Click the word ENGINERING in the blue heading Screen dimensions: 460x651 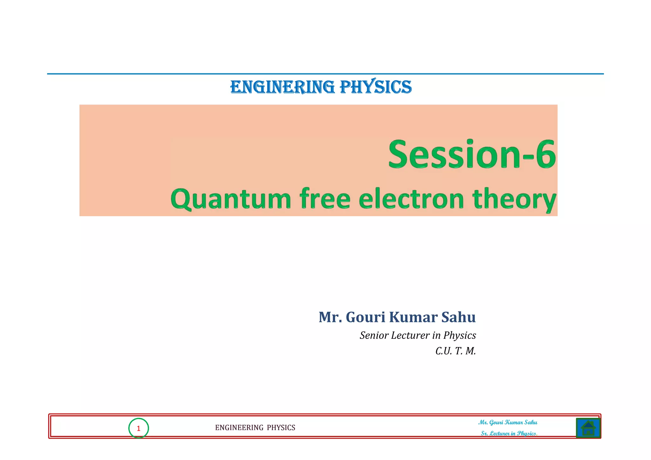(x=282, y=87)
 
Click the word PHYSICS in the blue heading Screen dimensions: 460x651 (x=376, y=87)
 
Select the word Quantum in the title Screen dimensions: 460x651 (x=231, y=199)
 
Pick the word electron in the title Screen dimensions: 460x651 (x=411, y=199)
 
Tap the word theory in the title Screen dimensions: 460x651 (x=514, y=199)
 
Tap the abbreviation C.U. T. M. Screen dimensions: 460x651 (x=456, y=351)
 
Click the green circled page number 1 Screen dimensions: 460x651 (x=139, y=429)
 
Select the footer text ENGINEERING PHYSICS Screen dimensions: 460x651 (x=255, y=428)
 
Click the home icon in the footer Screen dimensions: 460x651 (x=588, y=428)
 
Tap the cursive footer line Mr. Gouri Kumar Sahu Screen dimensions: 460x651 (x=508, y=422)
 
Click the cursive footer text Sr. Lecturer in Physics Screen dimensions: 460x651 (x=509, y=433)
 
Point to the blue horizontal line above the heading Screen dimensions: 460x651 (x=325, y=74)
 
